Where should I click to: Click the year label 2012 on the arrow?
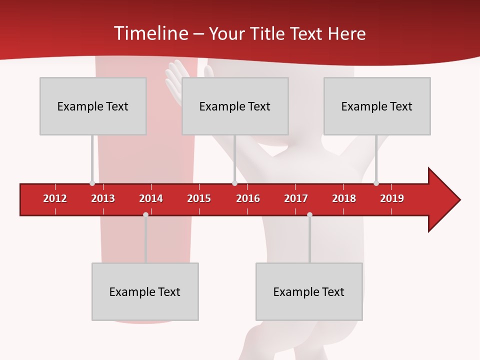[x=55, y=198]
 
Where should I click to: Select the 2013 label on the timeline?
[x=103, y=198]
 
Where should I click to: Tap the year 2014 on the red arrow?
[x=151, y=198]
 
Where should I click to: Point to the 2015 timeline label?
[x=199, y=198]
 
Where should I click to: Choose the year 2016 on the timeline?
[x=248, y=198]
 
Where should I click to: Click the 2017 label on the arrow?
[x=296, y=198]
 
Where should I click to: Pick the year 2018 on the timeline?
[x=344, y=198]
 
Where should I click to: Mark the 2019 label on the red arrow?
[x=392, y=198]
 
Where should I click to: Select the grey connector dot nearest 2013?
[x=92, y=183]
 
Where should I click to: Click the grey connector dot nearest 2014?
[x=145, y=215]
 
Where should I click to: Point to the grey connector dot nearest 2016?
[x=234, y=183]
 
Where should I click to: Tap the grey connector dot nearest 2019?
[x=376, y=183]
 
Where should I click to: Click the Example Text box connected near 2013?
[x=93, y=106]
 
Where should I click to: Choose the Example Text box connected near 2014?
[x=145, y=291]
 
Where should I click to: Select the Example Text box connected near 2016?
[x=235, y=106]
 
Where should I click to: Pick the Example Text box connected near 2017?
[x=309, y=291]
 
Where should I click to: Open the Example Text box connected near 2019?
[x=377, y=106]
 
